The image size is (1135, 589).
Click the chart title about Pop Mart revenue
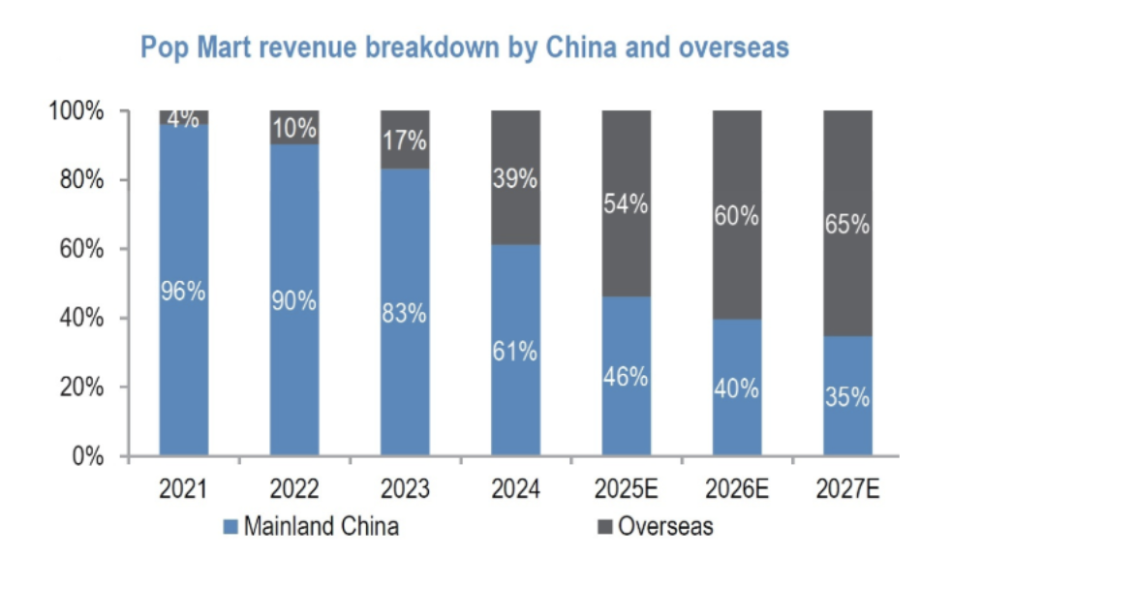(465, 47)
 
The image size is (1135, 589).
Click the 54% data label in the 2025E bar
(626, 205)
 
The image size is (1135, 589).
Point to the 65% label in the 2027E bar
(847, 225)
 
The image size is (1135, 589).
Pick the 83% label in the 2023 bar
(405, 314)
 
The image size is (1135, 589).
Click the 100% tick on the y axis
(76, 111)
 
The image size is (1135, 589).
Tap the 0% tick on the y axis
(88, 456)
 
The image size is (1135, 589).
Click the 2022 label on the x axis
(293, 489)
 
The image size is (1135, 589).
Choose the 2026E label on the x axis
(737, 489)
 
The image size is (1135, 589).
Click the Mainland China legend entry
(311, 527)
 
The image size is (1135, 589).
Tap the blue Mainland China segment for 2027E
(847, 426)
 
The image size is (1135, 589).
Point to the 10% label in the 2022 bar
(294, 128)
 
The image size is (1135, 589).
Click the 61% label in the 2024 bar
(516, 352)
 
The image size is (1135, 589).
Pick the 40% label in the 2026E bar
(737, 389)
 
